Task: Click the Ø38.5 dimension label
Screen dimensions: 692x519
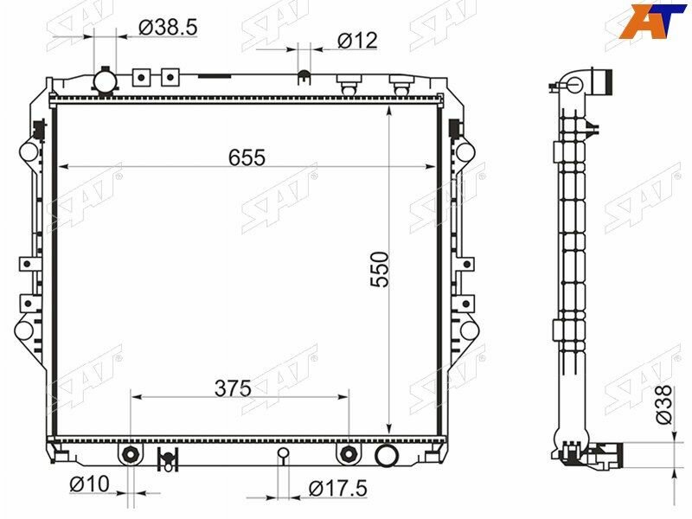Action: tap(168, 28)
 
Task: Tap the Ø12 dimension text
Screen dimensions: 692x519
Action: tap(357, 41)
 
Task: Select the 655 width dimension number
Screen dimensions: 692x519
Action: tap(247, 157)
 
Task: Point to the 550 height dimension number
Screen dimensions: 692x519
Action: tap(380, 270)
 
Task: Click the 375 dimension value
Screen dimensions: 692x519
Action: tap(233, 388)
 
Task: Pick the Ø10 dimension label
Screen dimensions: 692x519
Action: tap(90, 484)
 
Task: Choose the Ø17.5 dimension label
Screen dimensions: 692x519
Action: tap(338, 489)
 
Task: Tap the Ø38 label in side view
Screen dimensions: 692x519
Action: tap(663, 405)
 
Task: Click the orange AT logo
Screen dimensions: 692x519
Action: tap(653, 21)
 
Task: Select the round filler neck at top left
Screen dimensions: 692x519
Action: tap(105, 81)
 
